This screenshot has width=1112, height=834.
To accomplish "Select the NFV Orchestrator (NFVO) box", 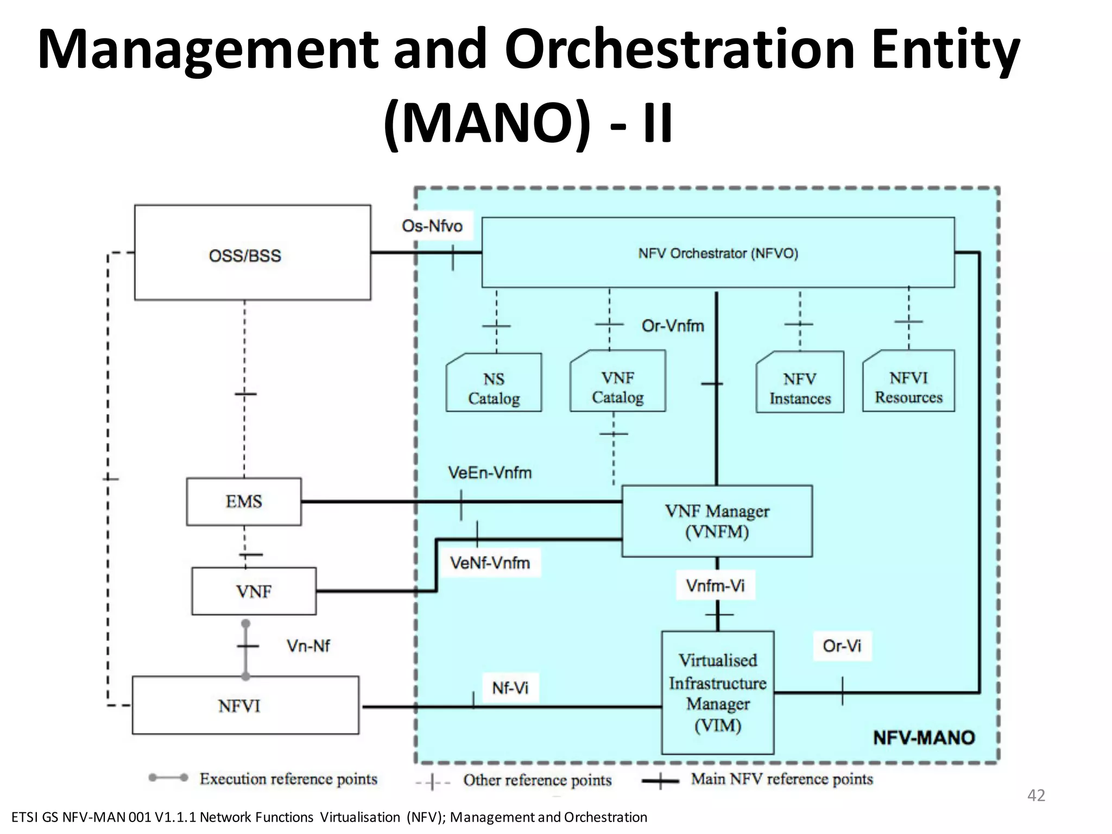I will pyautogui.click(x=718, y=253).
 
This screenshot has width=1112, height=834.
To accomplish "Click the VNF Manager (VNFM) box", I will pyautogui.click(x=717, y=521).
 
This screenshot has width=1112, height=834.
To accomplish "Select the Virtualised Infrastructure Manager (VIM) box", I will pyautogui.click(x=717, y=692).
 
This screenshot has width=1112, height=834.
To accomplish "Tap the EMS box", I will pyautogui.click(x=244, y=501).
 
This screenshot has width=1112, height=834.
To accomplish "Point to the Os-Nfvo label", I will pyautogui.click(x=432, y=226).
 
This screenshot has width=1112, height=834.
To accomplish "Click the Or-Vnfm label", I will pyautogui.click(x=673, y=326).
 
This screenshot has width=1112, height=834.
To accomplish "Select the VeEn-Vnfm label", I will pyautogui.click(x=490, y=473).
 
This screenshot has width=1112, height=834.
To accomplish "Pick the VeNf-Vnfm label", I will pyautogui.click(x=490, y=563).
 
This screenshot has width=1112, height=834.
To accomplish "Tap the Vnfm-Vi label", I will pyautogui.click(x=715, y=586).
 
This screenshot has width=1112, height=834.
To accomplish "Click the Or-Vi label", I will pyautogui.click(x=842, y=646).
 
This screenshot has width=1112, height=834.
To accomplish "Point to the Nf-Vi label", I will pyautogui.click(x=510, y=688).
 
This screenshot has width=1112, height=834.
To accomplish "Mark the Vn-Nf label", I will pyautogui.click(x=308, y=646).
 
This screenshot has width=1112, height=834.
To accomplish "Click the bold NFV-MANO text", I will pyautogui.click(x=924, y=738).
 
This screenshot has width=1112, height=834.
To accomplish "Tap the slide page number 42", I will pyautogui.click(x=1036, y=795).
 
